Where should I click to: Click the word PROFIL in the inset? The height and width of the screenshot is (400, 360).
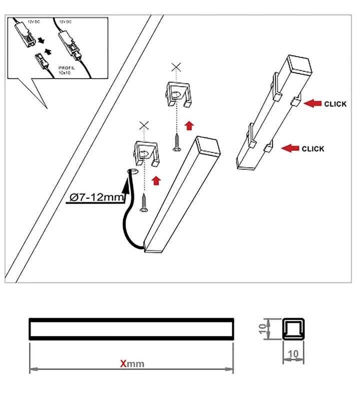66,67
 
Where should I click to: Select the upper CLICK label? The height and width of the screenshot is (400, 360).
335,104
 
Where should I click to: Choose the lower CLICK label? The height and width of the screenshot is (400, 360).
313,149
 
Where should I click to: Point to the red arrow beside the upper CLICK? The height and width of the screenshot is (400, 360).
312,103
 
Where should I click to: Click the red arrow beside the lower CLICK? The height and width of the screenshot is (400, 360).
290,148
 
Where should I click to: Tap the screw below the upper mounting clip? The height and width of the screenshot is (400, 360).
176,142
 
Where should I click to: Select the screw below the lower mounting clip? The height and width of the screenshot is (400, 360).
143,204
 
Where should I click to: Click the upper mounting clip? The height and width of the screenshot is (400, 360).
178,95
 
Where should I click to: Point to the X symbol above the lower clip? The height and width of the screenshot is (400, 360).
143,125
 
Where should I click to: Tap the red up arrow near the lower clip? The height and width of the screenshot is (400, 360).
156,180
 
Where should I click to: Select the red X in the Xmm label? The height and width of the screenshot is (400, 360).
123,364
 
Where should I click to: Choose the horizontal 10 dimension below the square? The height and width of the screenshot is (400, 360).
294,354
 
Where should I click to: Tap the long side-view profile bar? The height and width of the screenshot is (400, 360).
131,329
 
